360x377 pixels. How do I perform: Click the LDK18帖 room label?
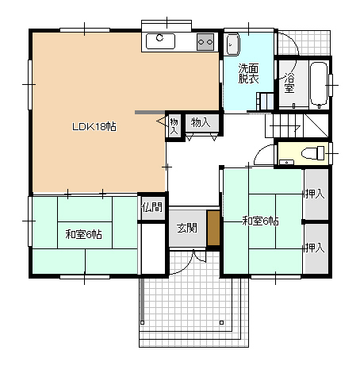[94, 127]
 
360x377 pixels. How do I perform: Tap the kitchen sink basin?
[160, 41]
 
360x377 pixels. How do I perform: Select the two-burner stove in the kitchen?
[205, 42]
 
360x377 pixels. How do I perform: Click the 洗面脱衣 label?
[248, 74]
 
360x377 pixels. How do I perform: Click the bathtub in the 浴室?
[319, 84]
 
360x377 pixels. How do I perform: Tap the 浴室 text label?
[289, 83]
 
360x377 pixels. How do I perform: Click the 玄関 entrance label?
[187, 228]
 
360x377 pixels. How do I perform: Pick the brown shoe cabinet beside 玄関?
[213, 229]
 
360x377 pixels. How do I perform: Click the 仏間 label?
[151, 207]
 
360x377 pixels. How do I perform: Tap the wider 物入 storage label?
[201, 123]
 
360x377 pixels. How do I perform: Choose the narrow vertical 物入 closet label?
[174, 126]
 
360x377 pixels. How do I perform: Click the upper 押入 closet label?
[315, 194]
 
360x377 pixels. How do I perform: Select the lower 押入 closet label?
[315, 248]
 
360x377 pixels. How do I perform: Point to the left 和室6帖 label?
[83, 234]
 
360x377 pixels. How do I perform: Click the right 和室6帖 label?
[260, 221]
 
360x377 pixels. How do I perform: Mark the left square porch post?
[143, 322]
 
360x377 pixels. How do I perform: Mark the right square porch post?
[221, 322]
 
